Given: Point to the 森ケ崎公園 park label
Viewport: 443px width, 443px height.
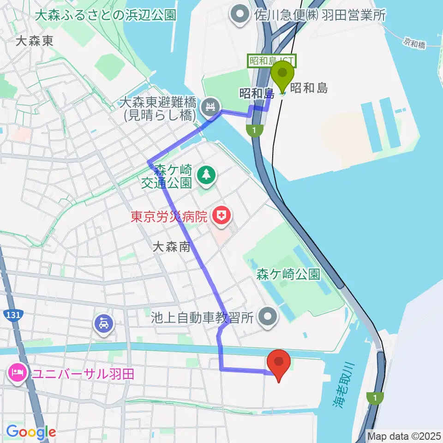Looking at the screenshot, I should (288, 275).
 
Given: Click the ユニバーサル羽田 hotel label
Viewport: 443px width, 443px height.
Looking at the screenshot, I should (83, 373).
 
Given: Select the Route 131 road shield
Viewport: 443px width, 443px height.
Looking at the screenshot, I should (12, 315).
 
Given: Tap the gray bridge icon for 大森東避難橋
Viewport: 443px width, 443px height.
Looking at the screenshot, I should (211, 108).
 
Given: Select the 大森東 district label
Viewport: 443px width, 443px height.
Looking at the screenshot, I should (34, 41).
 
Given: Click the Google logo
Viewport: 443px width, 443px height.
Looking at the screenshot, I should (31, 432).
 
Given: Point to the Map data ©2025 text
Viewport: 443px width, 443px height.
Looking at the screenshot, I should (404, 435).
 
